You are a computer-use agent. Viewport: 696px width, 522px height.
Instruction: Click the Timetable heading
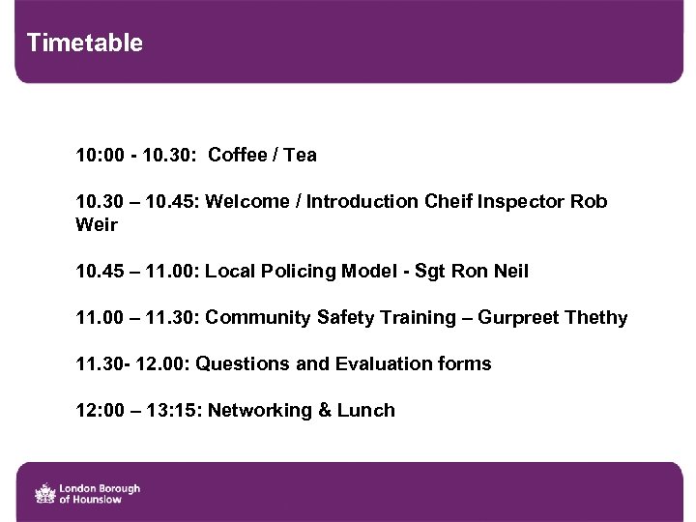pyautogui.click(x=85, y=43)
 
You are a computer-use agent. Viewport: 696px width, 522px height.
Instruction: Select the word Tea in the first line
pyautogui.click(x=300, y=155)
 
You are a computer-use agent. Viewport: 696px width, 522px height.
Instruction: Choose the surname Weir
pyautogui.click(x=97, y=224)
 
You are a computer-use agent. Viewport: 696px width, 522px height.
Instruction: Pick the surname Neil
pyautogui.click(x=509, y=271)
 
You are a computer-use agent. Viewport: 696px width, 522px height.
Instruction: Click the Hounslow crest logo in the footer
pyautogui.click(x=44, y=493)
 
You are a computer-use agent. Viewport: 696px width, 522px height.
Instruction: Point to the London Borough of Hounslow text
pyautogui.click(x=100, y=493)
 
